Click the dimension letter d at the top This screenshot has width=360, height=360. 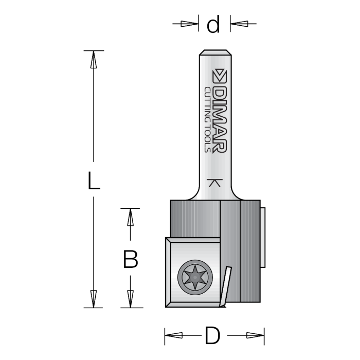pos(213,24)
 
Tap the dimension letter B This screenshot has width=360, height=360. pos(131,259)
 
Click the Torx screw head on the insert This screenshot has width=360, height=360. pos(194,276)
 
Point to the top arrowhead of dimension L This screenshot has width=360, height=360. pos(93,60)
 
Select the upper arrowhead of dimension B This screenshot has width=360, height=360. pos(131,217)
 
